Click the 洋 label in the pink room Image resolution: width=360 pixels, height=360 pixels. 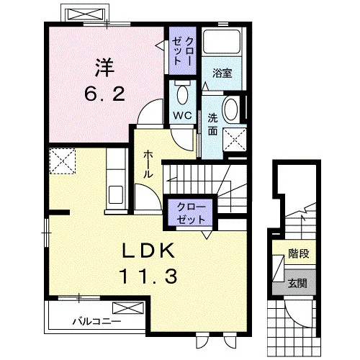pyautogui.click(x=104, y=68)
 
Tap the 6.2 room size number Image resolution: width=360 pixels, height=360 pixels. pyautogui.click(x=104, y=94)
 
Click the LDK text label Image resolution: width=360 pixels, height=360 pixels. pyautogui.click(x=148, y=251)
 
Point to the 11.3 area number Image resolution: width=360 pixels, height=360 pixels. pyautogui.click(x=148, y=276)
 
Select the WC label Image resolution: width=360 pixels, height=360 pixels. pyautogui.click(x=183, y=115)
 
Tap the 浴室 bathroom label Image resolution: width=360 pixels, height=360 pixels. pyautogui.click(x=222, y=73)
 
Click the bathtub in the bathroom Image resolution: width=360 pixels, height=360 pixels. pyautogui.click(x=222, y=41)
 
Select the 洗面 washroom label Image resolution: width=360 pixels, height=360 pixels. pyautogui.click(x=212, y=125)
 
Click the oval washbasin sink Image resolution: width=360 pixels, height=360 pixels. pyautogui.click(x=231, y=109)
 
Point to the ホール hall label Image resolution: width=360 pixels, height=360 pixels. pyautogui.click(x=148, y=164)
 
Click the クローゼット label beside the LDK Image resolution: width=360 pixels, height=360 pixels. pyautogui.click(x=191, y=213)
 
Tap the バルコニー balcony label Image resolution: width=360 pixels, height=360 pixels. pyautogui.click(x=96, y=321)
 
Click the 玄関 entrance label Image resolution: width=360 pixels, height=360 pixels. pyautogui.click(x=297, y=284)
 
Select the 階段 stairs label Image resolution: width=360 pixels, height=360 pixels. pyautogui.click(x=299, y=253)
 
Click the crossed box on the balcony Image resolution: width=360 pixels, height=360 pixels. pyautogui.click(x=128, y=308)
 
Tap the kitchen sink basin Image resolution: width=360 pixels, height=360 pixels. pyautogui.click(x=116, y=195)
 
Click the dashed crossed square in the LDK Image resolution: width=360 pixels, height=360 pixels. pyautogui.click(x=63, y=161)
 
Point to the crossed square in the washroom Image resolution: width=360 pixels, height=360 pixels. pyautogui.click(x=235, y=140)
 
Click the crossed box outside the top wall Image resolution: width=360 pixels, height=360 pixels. pyautogui.click(x=85, y=14)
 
